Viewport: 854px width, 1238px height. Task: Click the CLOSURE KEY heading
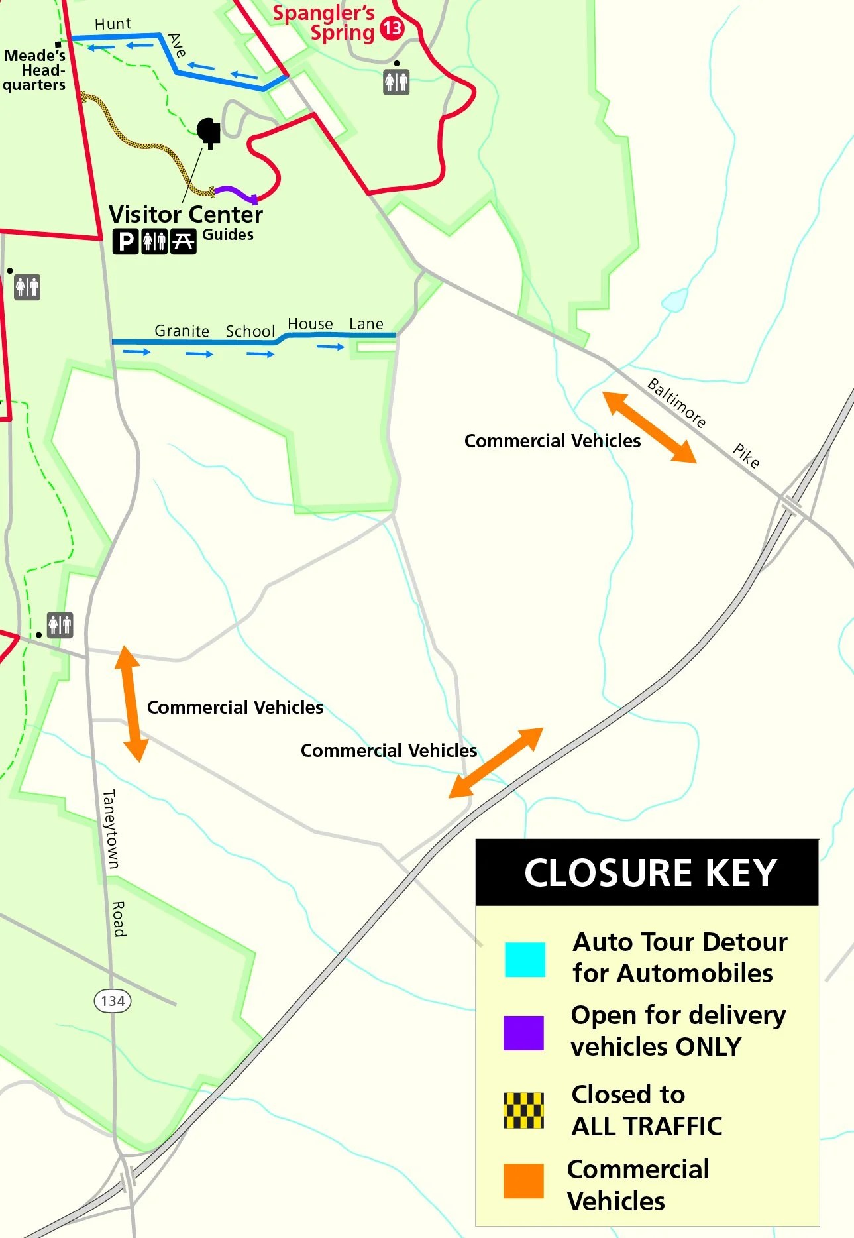pos(649,872)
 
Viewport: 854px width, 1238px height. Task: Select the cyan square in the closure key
pos(525,960)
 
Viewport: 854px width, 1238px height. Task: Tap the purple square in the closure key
pos(523,1033)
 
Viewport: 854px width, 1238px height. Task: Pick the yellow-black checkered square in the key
pos(523,1111)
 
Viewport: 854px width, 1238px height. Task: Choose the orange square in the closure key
pos(523,1181)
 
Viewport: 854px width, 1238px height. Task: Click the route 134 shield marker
pos(113,1001)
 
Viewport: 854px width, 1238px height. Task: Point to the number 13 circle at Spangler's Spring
pos(392,28)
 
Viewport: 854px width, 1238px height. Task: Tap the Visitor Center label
pos(186,215)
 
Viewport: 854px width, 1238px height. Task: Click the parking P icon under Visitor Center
pos(125,241)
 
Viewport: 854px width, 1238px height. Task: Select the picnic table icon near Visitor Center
pos(184,241)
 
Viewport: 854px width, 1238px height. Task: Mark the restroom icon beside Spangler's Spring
pos(396,83)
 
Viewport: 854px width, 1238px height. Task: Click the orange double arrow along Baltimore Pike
pos(649,427)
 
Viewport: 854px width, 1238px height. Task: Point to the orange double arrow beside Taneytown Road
pos(131,704)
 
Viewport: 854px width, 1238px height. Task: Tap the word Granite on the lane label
pos(182,331)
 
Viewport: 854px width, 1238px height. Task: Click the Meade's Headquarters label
pos(34,70)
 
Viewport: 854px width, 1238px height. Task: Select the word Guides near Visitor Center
pos(228,235)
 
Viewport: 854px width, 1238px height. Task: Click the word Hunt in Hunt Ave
pos(113,24)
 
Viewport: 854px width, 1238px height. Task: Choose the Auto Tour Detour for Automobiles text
pos(679,957)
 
